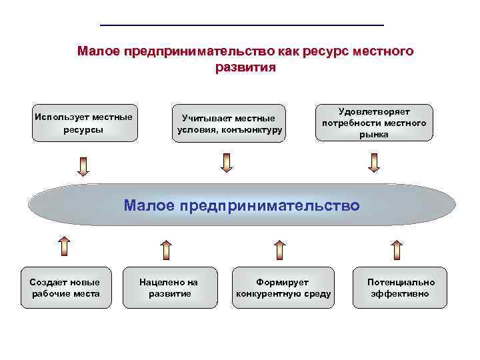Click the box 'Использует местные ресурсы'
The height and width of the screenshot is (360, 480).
pos(83,123)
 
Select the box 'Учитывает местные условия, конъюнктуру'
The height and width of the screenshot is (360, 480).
pos(229,123)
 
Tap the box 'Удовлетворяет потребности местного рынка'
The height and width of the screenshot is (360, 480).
pos(374,123)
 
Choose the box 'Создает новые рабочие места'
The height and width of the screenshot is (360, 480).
pos(65,287)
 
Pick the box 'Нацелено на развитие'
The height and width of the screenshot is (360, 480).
pos(169,287)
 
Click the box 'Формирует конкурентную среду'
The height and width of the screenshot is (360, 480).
pos(283,287)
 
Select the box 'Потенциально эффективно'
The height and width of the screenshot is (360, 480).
pos(401,287)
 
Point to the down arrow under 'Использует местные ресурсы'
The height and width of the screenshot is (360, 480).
pos(83,166)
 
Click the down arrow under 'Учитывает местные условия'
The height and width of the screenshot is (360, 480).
pos(227,162)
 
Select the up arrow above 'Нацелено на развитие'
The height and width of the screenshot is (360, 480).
pos(166,249)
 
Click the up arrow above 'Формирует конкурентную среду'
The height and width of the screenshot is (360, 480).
pos(280,249)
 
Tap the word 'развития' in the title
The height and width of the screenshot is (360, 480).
pos(245,67)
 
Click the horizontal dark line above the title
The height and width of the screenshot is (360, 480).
pos(242,25)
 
